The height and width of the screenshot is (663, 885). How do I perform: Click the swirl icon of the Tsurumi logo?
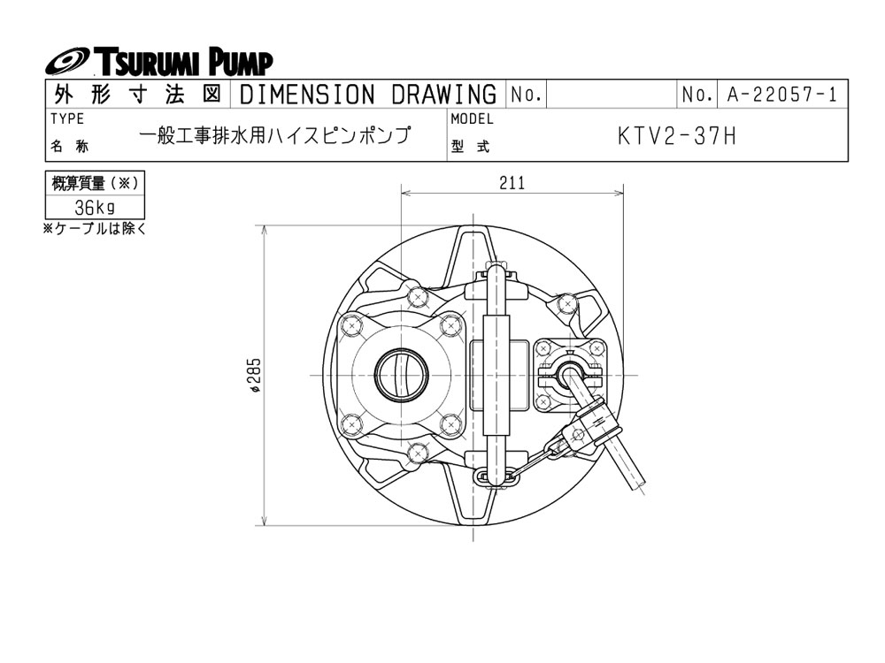click(66, 63)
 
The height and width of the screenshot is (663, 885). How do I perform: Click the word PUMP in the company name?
click(242, 63)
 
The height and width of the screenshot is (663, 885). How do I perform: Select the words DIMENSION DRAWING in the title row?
click(367, 95)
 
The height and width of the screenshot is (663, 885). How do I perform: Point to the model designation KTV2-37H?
click(677, 137)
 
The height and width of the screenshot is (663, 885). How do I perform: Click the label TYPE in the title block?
click(67, 119)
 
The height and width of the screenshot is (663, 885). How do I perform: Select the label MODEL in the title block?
click(473, 119)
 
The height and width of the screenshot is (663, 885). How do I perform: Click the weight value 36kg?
click(95, 208)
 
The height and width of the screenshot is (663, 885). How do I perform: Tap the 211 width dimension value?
click(512, 183)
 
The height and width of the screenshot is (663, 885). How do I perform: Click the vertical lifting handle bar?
click(497, 375)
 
